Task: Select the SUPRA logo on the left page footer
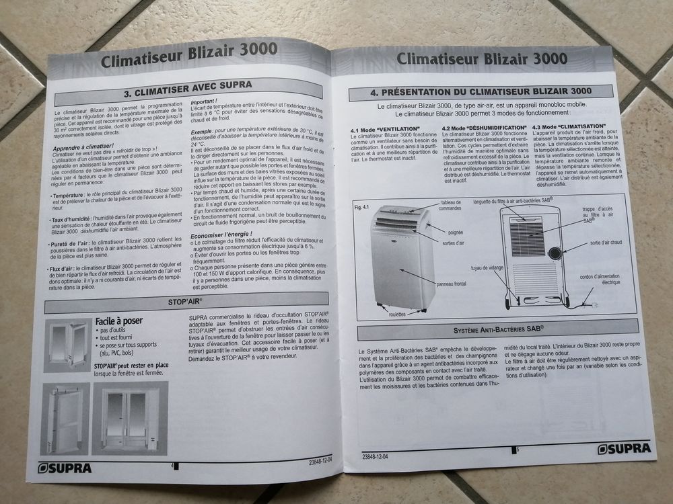[65, 468]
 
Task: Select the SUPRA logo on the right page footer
[624, 448]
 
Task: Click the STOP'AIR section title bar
[186, 302]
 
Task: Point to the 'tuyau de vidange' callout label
[487, 267]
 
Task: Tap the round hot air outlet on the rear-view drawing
[555, 253]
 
